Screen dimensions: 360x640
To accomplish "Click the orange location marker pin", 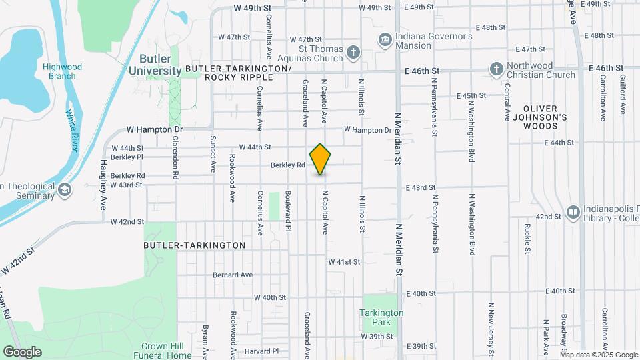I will pyautogui.click(x=321, y=159).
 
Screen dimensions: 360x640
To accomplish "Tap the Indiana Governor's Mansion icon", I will pyautogui.click(x=385, y=40).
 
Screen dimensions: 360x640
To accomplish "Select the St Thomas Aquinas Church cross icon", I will pyautogui.click(x=353, y=51).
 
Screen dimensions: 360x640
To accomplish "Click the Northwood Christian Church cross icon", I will pyautogui.click(x=496, y=69).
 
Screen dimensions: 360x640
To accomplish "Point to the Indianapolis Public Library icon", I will pyautogui.click(x=572, y=212).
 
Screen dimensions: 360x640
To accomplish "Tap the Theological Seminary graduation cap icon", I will pyautogui.click(x=65, y=190).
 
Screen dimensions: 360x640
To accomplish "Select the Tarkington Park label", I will pyautogui.click(x=381, y=317).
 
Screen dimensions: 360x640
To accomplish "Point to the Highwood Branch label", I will pyautogui.click(x=62, y=71).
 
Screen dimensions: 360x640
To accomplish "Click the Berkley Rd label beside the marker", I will pyautogui.click(x=287, y=165).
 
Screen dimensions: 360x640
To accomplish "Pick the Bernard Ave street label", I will pyautogui.click(x=233, y=275).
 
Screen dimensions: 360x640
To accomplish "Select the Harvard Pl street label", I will pyautogui.click(x=261, y=351).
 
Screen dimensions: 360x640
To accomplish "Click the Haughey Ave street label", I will pyautogui.click(x=104, y=185).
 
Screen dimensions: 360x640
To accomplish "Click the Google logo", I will pyautogui.click(x=22, y=352).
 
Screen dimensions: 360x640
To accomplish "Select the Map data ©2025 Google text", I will pyautogui.click(x=599, y=355).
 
